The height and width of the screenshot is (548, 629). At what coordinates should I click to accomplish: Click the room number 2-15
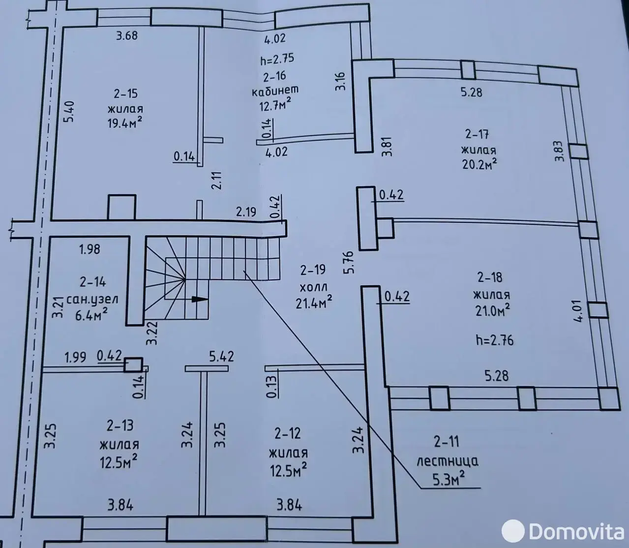tap(126, 93)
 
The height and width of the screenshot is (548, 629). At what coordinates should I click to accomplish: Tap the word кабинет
tap(275, 91)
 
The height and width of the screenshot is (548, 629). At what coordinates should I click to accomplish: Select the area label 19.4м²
tap(124, 122)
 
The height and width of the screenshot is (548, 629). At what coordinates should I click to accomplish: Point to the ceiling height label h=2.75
tap(277, 59)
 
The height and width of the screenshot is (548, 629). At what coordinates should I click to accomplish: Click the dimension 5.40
tap(70, 112)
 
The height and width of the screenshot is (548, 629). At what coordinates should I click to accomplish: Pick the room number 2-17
tap(477, 134)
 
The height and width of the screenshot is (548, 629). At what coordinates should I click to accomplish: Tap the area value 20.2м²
tap(479, 164)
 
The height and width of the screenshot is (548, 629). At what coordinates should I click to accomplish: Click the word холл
tap(313, 288)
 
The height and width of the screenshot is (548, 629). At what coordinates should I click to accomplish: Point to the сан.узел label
tap(92, 300)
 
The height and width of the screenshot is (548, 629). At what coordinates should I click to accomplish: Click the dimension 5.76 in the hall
tap(350, 262)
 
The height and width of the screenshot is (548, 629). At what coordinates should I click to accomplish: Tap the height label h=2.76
tap(495, 340)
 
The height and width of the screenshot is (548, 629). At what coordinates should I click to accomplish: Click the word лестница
tap(448, 461)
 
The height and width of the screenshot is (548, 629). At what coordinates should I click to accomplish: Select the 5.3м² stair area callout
tap(449, 479)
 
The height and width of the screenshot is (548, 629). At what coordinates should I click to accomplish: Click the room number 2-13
tap(120, 426)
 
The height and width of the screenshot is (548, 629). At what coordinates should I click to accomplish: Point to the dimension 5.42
tap(221, 356)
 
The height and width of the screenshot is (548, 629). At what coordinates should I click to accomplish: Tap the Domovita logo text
tap(576, 532)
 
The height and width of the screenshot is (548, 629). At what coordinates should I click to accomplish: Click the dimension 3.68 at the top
tap(127, 36)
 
